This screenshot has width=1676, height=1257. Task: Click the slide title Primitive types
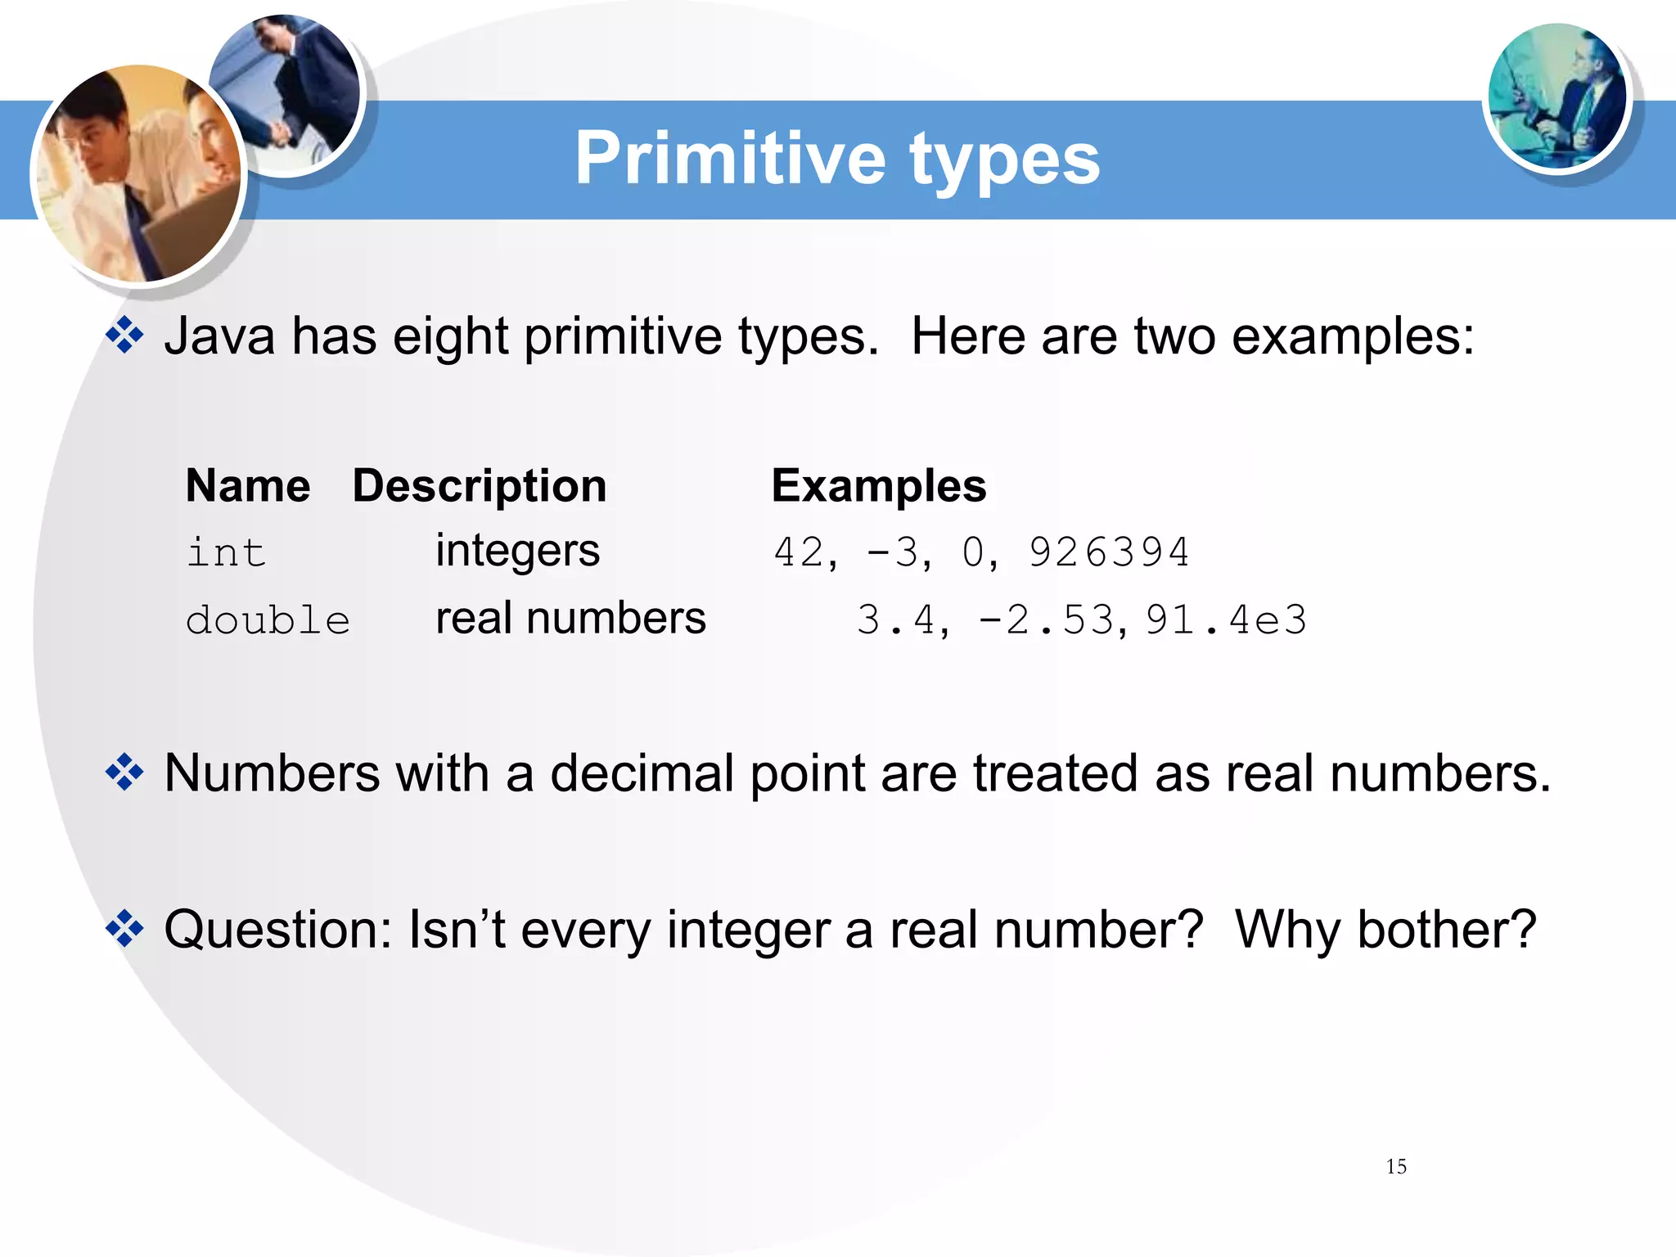pyautogui.click(x=837, y=159)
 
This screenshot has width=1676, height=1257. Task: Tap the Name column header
pyautogui.click(x=248, y=486)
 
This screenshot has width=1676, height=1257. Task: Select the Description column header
pyautogui.click(x=480, y=486)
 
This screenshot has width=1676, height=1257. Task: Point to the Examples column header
pyautogui.click(x=879, y=486)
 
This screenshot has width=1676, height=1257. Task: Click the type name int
pyautogui.click(x=226, y=552)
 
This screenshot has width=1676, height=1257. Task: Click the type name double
pyautogui.click(x=268, y=620)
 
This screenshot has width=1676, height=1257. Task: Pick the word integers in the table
pyautogui.click(x=517, y=551)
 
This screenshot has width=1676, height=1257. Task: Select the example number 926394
pyautogui.click(x=1108, y=552)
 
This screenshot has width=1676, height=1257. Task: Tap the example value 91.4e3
pyautogui.click(x=1226, y=619)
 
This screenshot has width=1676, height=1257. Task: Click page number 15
pyautogui.click(x=1396, y=1167)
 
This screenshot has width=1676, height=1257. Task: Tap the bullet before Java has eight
pyautogui.click(x=124, y=336)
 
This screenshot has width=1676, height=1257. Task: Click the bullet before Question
pyautogui.click(x=124, y=929)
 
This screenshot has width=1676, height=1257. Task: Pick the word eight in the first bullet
pyautogui.click(x=449, y=336)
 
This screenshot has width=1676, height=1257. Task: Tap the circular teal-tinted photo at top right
pyautogui.click(x=1557, y=97)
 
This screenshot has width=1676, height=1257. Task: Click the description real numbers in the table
pyautogui.click(x=570, y=618)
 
